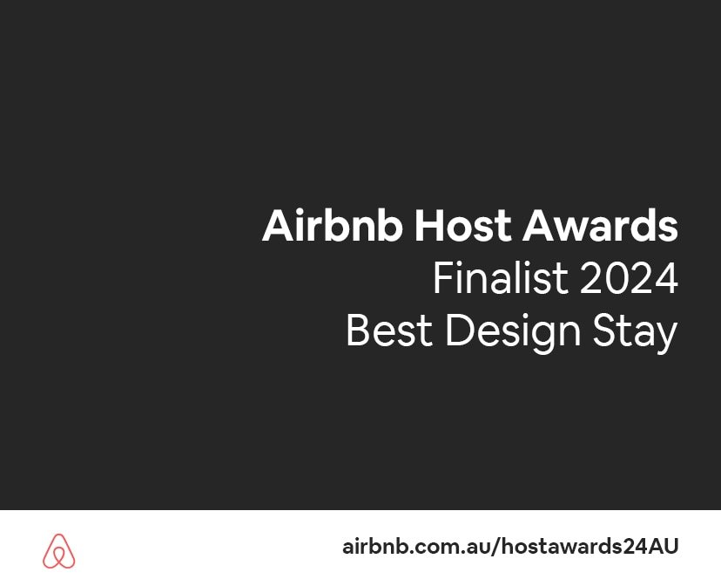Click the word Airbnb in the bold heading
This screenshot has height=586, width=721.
point(333,225)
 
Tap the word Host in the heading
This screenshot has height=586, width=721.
point(462,225)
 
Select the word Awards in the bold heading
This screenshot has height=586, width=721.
point(600,225)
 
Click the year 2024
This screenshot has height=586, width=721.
point(629,278)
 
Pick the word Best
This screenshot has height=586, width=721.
point(389,330)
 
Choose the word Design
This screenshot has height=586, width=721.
point(513,333)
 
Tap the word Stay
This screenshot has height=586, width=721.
point(635,333)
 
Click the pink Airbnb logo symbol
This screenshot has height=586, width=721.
point(59,550)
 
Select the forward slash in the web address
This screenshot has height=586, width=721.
point(495,547)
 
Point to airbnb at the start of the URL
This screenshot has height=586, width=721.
point(374,546)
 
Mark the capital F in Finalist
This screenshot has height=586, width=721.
point(443,278)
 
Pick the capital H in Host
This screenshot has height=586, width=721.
point(429,226)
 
